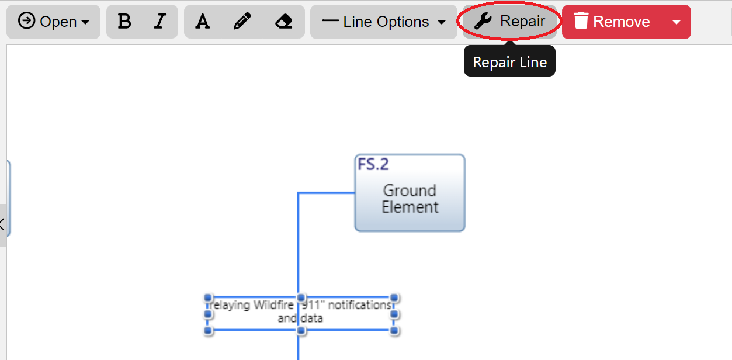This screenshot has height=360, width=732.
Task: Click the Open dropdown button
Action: tap(53, 22)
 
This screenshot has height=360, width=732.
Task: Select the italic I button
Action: tap(159, 22)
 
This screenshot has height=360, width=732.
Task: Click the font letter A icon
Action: tap(202, 22)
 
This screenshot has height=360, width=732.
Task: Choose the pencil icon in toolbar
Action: tap(242, 22)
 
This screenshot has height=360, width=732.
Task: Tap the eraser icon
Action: tap(283, 22)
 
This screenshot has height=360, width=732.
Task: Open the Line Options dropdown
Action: tap(383, 22)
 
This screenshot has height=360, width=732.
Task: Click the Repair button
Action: tap(509, 22)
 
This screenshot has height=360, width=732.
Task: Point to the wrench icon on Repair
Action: tap(483, 22)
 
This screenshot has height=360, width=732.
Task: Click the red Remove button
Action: tap(612, 22)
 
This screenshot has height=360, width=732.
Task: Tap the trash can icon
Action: tap(581, 22)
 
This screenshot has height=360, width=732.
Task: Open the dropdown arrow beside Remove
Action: tap(677, 22)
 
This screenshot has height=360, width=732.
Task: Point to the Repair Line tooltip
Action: tap(509, 63)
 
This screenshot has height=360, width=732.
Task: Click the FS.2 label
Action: tap(373, 164)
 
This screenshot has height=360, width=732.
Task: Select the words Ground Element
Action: tap(410, 199)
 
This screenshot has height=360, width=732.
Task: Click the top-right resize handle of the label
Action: tap(394, 297)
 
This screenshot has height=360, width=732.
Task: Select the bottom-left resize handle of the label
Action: tap(208, 331)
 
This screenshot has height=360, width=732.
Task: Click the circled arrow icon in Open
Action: tap(26, 21)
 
